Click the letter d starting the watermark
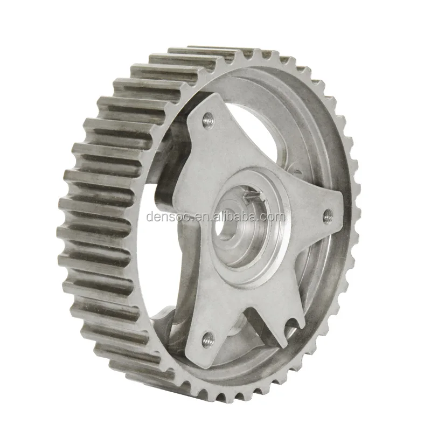coord(149,218)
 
